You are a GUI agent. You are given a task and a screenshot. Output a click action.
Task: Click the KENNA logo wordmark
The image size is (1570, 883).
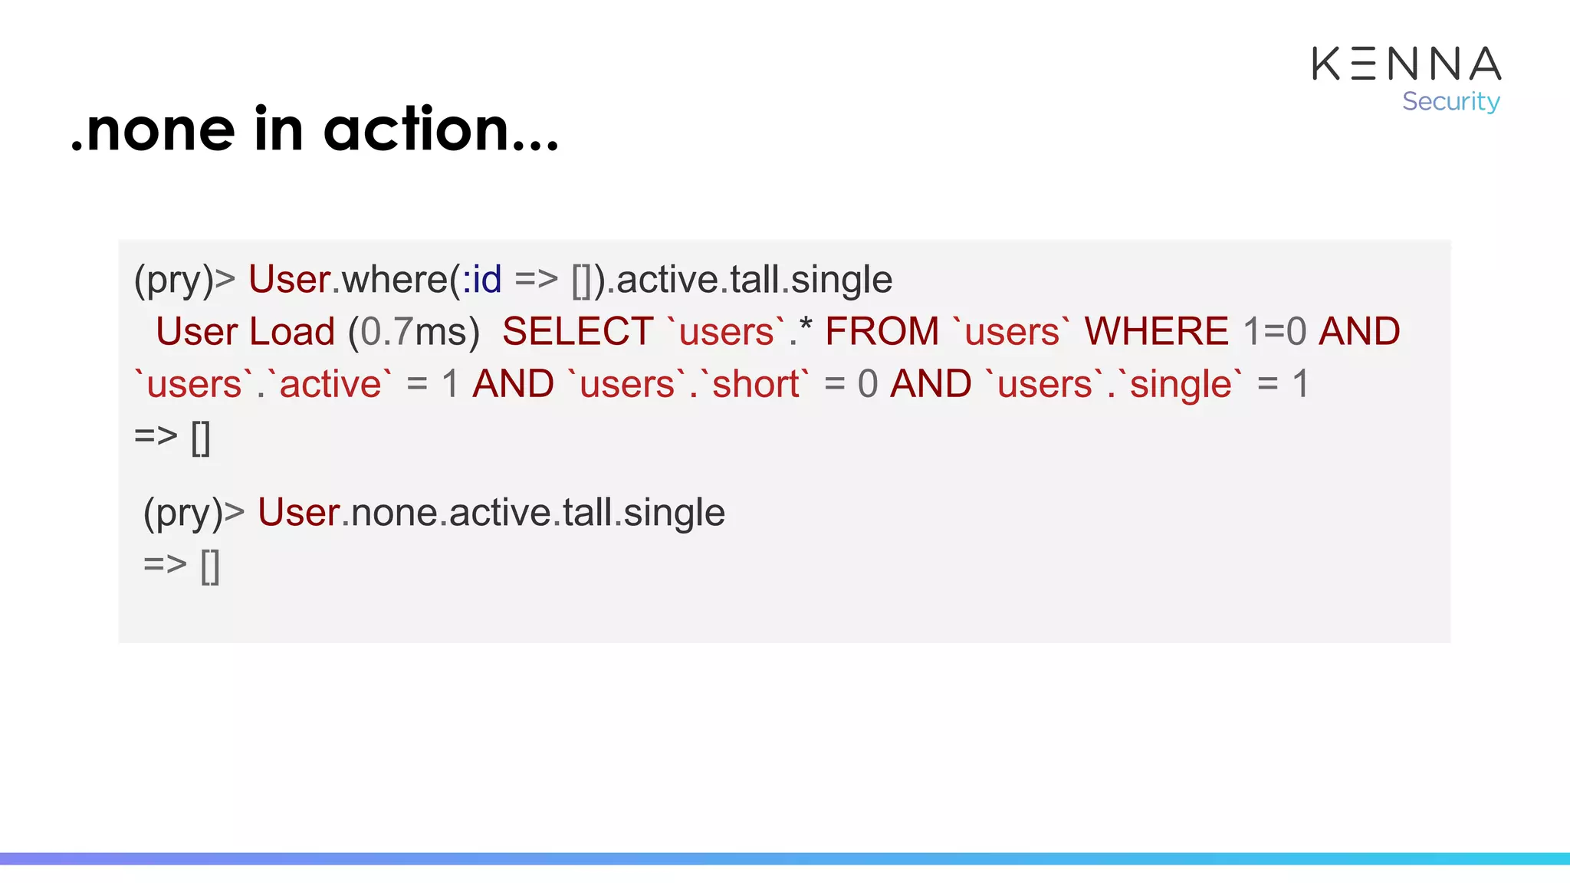pos(1406,64)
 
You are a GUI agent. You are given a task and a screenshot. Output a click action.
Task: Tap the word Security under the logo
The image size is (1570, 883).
pos(1450,101)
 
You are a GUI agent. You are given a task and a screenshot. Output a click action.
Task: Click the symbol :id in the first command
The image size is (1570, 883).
pos(481,280)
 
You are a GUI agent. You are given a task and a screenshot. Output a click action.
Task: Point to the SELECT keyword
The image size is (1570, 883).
pos(577,332)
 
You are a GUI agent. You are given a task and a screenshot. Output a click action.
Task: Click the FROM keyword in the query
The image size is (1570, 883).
pos(882,332)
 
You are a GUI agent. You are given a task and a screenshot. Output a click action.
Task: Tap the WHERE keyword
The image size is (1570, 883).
pos(1156,332)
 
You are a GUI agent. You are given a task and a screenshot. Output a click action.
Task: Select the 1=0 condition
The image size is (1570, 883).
pos(1274,332)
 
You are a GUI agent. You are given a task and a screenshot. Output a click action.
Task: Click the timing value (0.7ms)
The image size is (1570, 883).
pos(414,332)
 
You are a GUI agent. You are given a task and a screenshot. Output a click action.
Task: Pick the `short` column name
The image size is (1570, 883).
pos(755,384)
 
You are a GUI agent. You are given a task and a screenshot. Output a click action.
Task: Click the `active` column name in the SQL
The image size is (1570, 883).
pos(330,384)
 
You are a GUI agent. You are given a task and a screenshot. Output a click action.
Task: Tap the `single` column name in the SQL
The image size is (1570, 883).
pos(1180,384)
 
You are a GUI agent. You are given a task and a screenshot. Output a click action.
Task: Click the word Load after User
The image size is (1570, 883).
pos(292,332)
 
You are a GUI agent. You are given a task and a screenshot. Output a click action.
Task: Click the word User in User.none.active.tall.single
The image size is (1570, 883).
pos(298,513)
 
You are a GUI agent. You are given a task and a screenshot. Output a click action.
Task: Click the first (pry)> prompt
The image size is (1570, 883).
pos(185,280)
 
